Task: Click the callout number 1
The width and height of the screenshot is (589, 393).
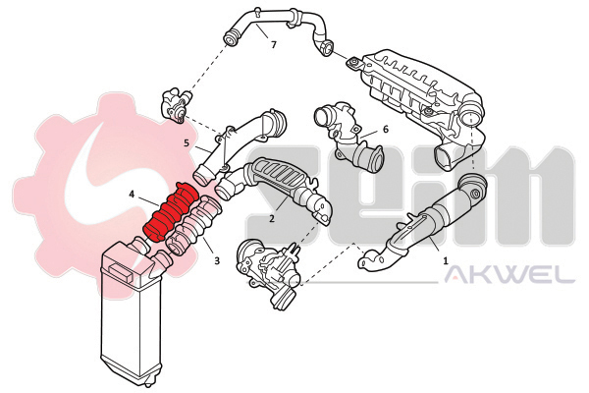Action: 446,260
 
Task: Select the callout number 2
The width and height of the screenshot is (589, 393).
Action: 272,218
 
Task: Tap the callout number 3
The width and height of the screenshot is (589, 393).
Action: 217,260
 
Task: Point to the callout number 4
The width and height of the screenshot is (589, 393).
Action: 132,195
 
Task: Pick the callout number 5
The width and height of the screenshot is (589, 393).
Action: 187,142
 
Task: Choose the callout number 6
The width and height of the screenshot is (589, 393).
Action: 386,129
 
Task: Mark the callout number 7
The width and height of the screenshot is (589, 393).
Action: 274,45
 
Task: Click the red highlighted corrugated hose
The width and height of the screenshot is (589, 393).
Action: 171,211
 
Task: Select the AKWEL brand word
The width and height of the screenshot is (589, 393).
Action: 509,275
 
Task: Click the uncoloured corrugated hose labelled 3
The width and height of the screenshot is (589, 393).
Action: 193,225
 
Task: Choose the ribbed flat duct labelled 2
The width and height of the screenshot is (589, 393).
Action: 274,188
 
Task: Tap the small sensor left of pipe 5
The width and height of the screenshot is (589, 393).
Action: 176,104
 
